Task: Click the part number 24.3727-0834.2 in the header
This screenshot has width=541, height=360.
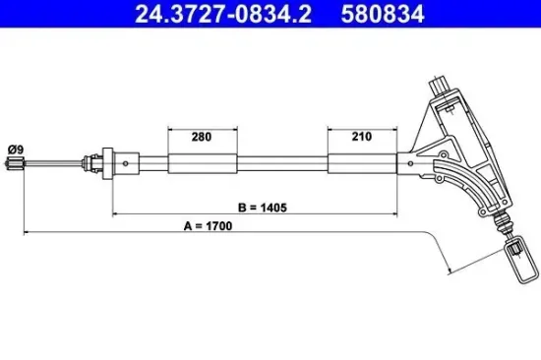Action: click(x=223, y=14)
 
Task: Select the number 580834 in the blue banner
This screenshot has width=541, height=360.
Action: click(x=383, y=14)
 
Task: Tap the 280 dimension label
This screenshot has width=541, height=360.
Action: click(x=202, y=137)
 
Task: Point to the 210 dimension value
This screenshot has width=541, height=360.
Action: click(x=362, y=137)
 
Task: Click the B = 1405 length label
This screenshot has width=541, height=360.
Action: click(x=263, y=208)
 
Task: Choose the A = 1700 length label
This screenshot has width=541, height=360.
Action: click(x=209, y=226)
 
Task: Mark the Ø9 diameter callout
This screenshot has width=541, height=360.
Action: click(x=16, y=150)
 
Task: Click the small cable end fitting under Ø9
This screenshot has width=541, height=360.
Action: click(x=15, y=163)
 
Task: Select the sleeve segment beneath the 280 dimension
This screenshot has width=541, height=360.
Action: click(x=203, y=163)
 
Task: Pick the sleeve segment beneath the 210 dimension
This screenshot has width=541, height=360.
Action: click(x=362, y=163)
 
